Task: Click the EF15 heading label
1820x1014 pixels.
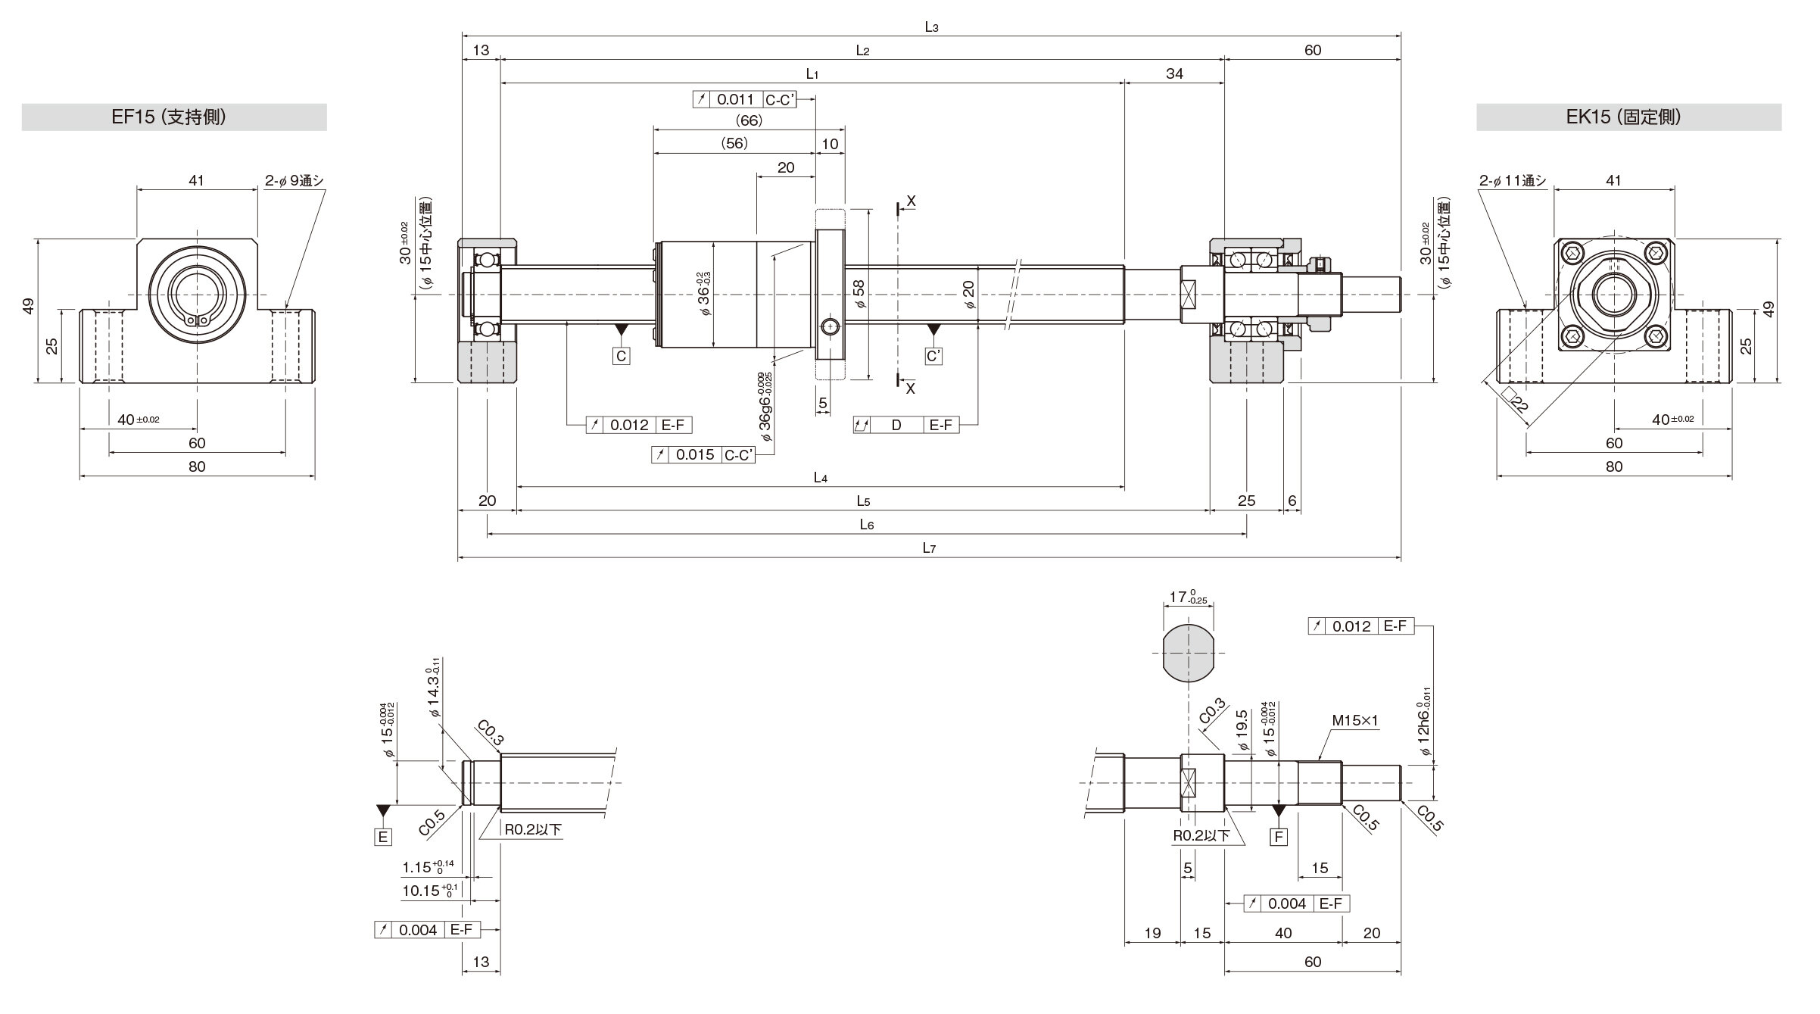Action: pyautogui.click(x=169, y=117)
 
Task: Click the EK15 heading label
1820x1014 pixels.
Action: pyautogui.click(x=1623, y=117)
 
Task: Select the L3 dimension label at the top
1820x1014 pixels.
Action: pyautogui.click(x=931, y=27)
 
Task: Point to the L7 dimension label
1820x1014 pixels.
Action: pyautogui.click(x=930, y=548)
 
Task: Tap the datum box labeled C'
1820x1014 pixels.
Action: pyautogui.click(x=934, y=356)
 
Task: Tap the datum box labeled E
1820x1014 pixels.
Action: pyautogui.click(x=383, y=837)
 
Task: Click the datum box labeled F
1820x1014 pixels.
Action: pyautogui.click(x=1279, y=837)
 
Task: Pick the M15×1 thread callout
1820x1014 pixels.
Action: pyautogui.click(x=1355, y=722)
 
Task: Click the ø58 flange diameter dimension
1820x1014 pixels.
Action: pyautogui.click(x=858, y=294)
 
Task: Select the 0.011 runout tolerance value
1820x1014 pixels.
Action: pyautogui.click(x=735, y=99)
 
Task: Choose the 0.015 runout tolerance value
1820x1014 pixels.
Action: pyautogui.click(x=695, y=454)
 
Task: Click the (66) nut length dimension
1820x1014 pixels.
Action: pyautogui.click(x=749, y=120)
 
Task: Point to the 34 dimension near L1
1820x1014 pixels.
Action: pyautogui.click(x=1174, y=73)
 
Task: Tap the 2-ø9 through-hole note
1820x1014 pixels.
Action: pyautogui.click(x=295, y=180)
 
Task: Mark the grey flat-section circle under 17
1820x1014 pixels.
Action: pyautogui.click(x=1188, y=653)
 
